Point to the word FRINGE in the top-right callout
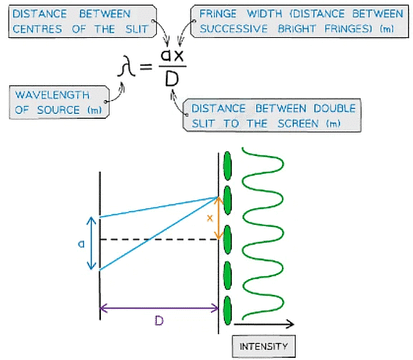click(x=224, y=14)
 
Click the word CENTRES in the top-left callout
click(x=37, y=29)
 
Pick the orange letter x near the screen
click(x=210, y=217)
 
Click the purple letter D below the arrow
click(x=159, y=321)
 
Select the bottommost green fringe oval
click(x=228, y=310)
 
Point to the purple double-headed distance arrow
click(x=159, y=308)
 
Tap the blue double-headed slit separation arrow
click(x=90, y=243)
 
